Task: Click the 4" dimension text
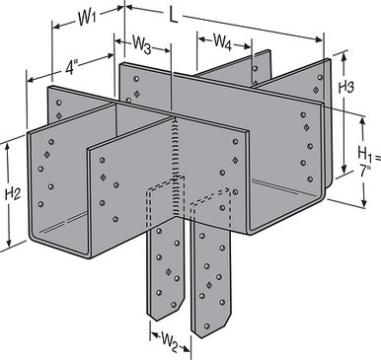(72, 71)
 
